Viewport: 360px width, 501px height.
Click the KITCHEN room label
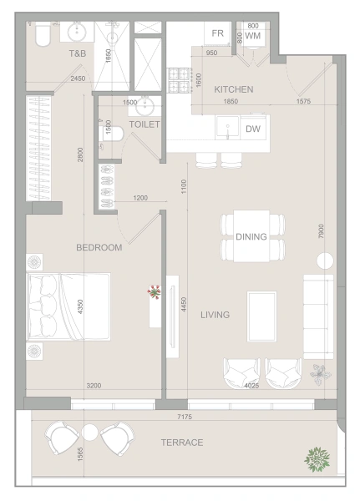point(233,89)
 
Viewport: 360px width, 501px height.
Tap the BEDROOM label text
point(99,247)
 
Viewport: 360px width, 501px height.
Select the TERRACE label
point(182,443)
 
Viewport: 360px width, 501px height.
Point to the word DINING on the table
point(251,236)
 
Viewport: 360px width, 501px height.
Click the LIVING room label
point(215,315)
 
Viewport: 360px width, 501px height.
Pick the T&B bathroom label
point(78,53)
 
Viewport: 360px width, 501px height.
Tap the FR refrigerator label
point(217,33)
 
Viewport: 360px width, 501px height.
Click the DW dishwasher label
point(253,129)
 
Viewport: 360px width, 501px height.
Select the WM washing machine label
point(252,36)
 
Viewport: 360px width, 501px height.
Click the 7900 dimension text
point(322,230)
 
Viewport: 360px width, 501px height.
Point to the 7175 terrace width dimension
point(185,417)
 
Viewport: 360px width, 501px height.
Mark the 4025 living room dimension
point(251,386)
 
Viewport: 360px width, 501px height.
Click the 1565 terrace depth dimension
point(80,453)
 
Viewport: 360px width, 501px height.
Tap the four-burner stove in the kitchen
point(179,80)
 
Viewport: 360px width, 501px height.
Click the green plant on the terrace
point(317,459)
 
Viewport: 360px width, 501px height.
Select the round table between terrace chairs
point(89,432)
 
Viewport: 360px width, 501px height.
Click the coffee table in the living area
point(261,316)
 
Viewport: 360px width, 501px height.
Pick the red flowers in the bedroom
point(155,292)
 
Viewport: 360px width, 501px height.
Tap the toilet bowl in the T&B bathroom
point(43,35)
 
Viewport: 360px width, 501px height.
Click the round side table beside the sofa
point(325,261)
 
